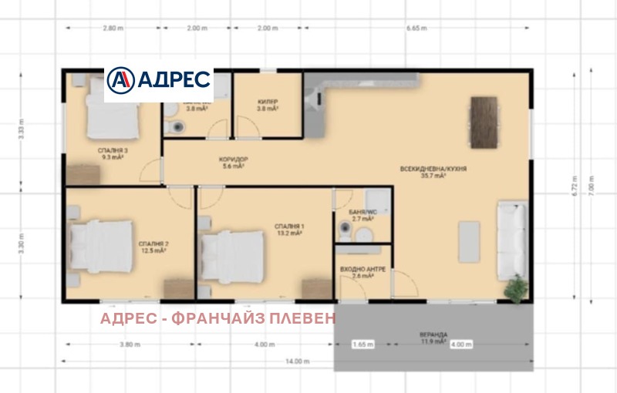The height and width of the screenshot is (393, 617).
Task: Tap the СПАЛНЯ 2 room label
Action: (x=154, y=246)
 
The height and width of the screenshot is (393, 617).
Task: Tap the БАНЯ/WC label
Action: (x=362, y=214)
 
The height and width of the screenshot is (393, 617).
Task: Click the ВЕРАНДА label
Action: (x=433, y=336)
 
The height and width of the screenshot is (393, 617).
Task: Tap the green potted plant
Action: (x=514, y=291)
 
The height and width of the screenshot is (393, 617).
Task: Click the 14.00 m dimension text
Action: (x=295, y=361)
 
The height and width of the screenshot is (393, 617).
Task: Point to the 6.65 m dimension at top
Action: (x=416, y=29)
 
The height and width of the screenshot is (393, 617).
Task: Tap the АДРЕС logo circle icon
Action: (x=120, y=79)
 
